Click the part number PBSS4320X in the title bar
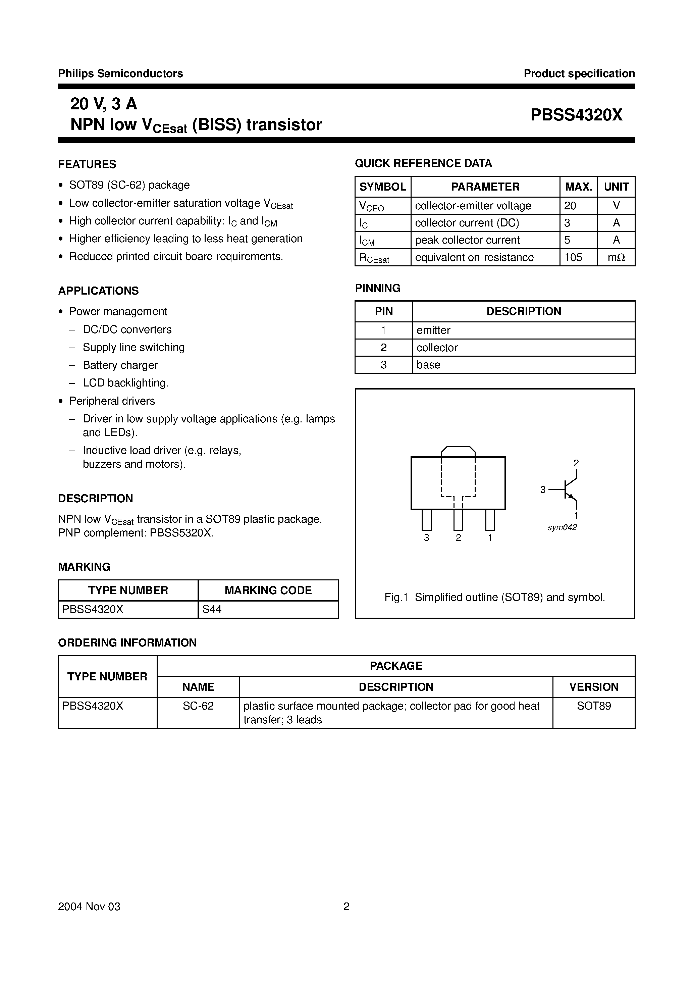coord(576,115)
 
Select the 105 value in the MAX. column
coord(573,257)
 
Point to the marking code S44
coord(212,609)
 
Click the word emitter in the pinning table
coord(433,330)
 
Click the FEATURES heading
coord(87,164)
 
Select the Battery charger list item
coord(120,365)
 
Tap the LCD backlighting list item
coord(125,383)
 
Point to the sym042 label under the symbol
coord(562,528)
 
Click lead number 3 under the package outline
coord(426,538)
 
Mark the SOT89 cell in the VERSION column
coord(593,706)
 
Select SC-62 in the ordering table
coord(198,706)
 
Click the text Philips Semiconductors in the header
coord(120,73)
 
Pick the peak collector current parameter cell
coord(467,240)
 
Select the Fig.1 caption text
coord(495,597)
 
